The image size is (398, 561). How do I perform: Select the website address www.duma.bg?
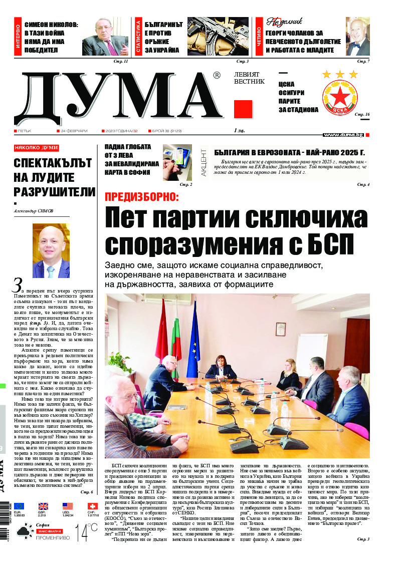(x=343, y=135)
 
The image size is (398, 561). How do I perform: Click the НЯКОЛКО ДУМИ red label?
(x=37, y=148)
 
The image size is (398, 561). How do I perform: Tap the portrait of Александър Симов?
(x=51, y=250)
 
